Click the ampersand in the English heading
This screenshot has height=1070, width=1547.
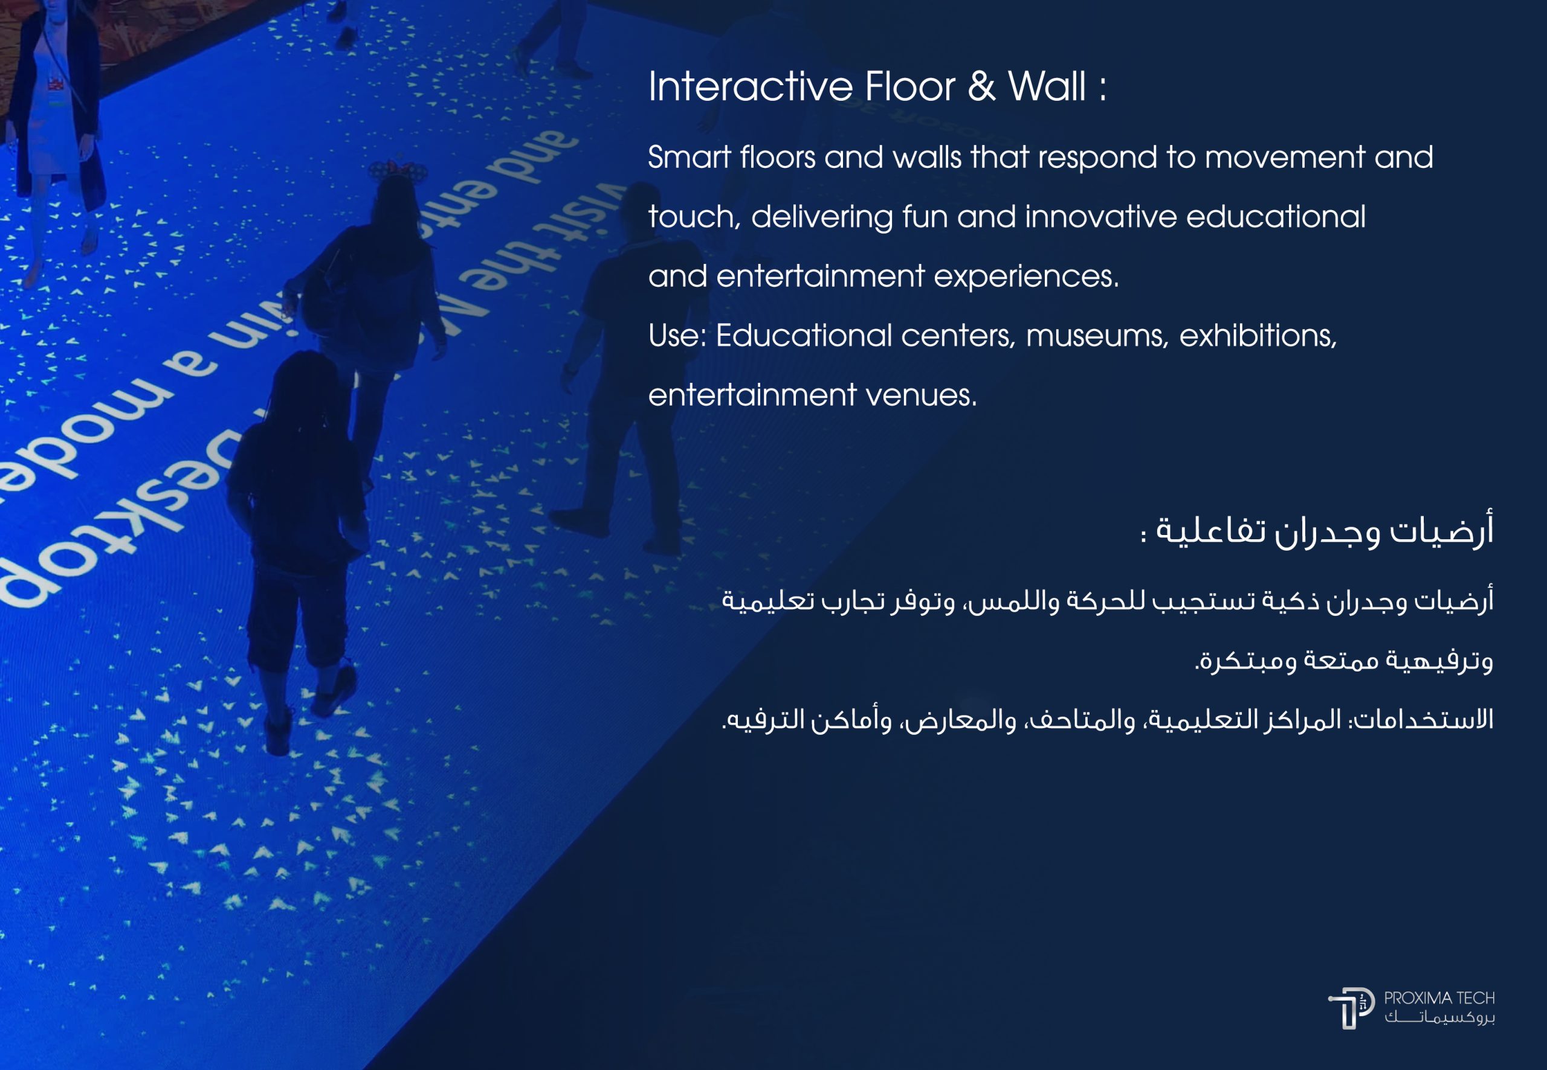981,86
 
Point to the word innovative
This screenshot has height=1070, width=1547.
1100,217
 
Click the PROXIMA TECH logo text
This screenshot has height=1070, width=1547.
1438,998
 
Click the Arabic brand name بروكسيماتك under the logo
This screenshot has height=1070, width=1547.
1439,1017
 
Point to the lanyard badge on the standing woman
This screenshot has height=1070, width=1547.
57,84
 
